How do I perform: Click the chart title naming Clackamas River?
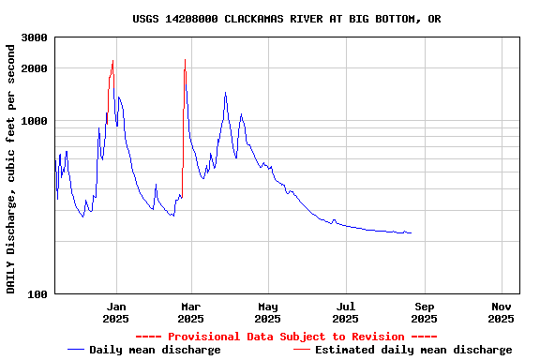click(x=287, y=19)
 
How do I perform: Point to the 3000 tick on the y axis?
click(x=35, y=37)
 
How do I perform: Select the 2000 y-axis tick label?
click(x=35, y=68)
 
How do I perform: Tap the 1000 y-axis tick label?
click(x=35, y=121)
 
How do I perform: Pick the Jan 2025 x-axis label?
click(x=116, y=312)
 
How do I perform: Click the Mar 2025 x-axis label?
click(x=191, y=312)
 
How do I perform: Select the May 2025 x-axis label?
click(x=268, y=312)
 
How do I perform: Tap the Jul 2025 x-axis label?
click(x=346, y=312)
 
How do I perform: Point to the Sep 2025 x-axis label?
click(x=424, y=312)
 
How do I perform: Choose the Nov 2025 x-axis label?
click(x=502, y=312)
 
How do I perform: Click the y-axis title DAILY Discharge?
click(x=11, y=166)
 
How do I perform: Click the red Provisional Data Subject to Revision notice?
click(x=286, y=337)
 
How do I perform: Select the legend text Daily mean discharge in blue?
click(x=155, y=350)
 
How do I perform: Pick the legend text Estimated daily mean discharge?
click(x=413, y=350)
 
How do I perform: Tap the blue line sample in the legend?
click(x=76, y=350)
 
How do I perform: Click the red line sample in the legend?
click(x=301, y=350)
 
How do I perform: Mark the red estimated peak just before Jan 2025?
click(x=112, y=62)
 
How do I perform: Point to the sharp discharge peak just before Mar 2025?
click(x=185, y=61)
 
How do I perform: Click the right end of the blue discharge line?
click(x=411, y=232)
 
